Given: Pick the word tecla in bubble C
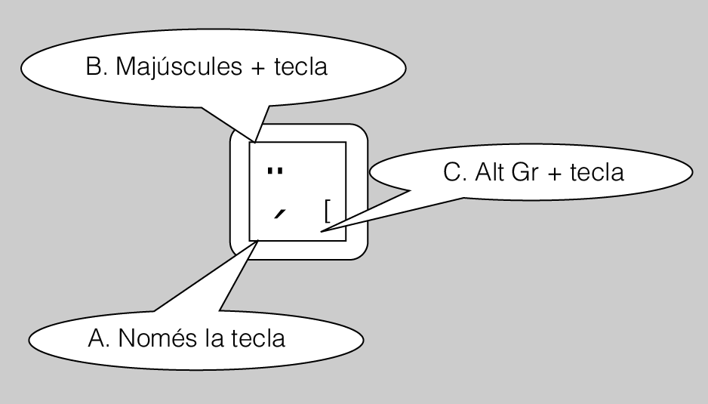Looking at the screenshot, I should point(596,173).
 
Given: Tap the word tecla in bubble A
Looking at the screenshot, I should point(257,338).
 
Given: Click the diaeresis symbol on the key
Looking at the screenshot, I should point(276,171).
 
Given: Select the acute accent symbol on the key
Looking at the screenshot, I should point(280,215).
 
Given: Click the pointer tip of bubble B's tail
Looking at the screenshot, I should point(255,142).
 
